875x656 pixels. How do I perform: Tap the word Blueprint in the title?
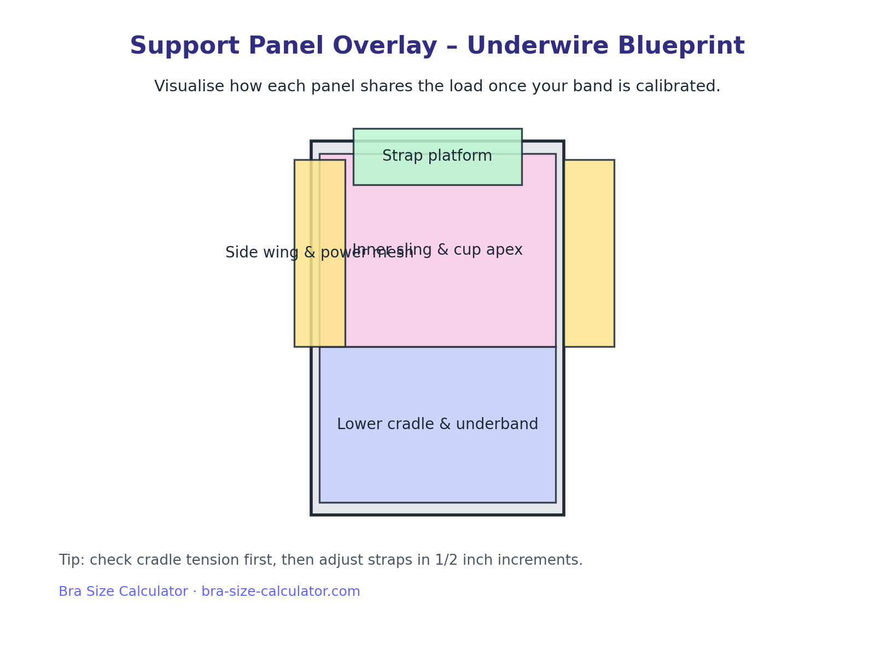click(x=681, y=46)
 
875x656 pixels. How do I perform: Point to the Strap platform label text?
click(x=437, y=156)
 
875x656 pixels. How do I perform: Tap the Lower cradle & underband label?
click(x=437, y=425)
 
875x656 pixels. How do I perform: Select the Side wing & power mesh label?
click(x=273, y=253)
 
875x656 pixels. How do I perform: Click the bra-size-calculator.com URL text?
click(x=281, y=592)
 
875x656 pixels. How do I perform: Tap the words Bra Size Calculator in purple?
click(x=123, y=592)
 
